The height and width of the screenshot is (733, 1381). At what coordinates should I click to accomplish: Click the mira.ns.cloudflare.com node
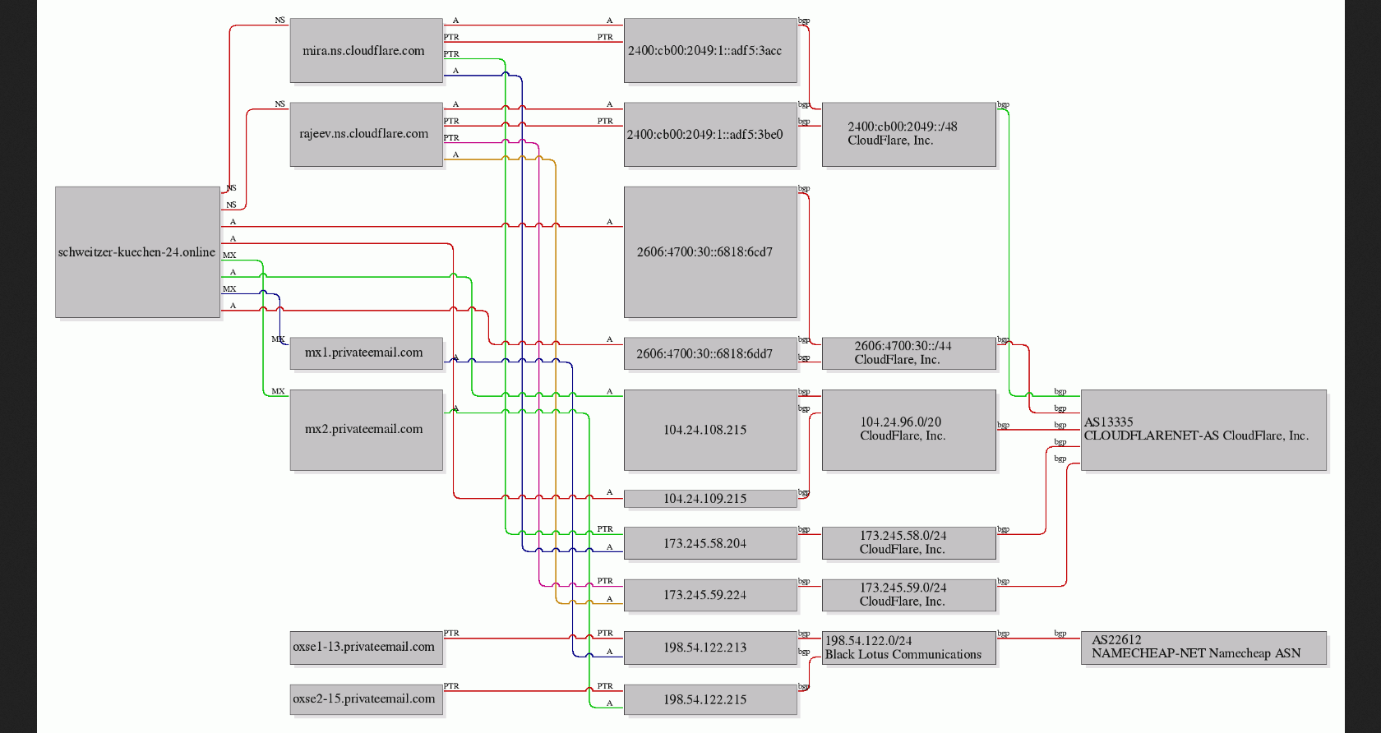367,51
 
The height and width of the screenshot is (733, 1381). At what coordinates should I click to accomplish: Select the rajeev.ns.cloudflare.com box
367,135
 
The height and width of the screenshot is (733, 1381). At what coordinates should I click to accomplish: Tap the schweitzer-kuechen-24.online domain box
137,252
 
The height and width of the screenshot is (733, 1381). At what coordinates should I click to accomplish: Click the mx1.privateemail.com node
367,353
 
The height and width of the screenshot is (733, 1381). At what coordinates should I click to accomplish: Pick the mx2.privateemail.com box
367,430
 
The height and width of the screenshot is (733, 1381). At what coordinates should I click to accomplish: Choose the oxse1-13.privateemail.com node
367,648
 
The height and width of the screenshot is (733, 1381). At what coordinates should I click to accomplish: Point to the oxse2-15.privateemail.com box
367,699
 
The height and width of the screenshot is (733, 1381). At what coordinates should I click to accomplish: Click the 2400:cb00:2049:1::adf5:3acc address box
710,51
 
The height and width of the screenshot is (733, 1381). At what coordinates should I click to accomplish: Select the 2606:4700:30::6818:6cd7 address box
710,252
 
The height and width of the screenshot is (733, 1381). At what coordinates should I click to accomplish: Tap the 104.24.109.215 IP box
710,499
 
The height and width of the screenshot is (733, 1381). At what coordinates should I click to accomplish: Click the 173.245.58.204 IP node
710,543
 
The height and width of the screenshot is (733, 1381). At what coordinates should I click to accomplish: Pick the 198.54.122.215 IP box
710,699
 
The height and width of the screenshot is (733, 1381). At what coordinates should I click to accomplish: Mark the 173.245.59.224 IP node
710,595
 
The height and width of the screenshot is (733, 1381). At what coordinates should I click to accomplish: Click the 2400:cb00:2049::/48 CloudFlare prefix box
909,135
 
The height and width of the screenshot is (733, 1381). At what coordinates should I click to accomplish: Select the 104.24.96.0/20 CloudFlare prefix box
909,430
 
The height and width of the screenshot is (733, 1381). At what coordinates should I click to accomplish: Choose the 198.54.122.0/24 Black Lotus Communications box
909,648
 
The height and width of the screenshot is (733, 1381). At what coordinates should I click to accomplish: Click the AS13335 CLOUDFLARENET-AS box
1203,430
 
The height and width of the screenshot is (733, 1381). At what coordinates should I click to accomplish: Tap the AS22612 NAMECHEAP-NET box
1203,648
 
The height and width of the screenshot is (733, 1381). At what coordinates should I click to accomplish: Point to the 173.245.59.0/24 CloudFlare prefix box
909,595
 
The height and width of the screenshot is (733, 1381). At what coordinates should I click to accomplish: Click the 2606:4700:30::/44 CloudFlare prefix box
909,353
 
